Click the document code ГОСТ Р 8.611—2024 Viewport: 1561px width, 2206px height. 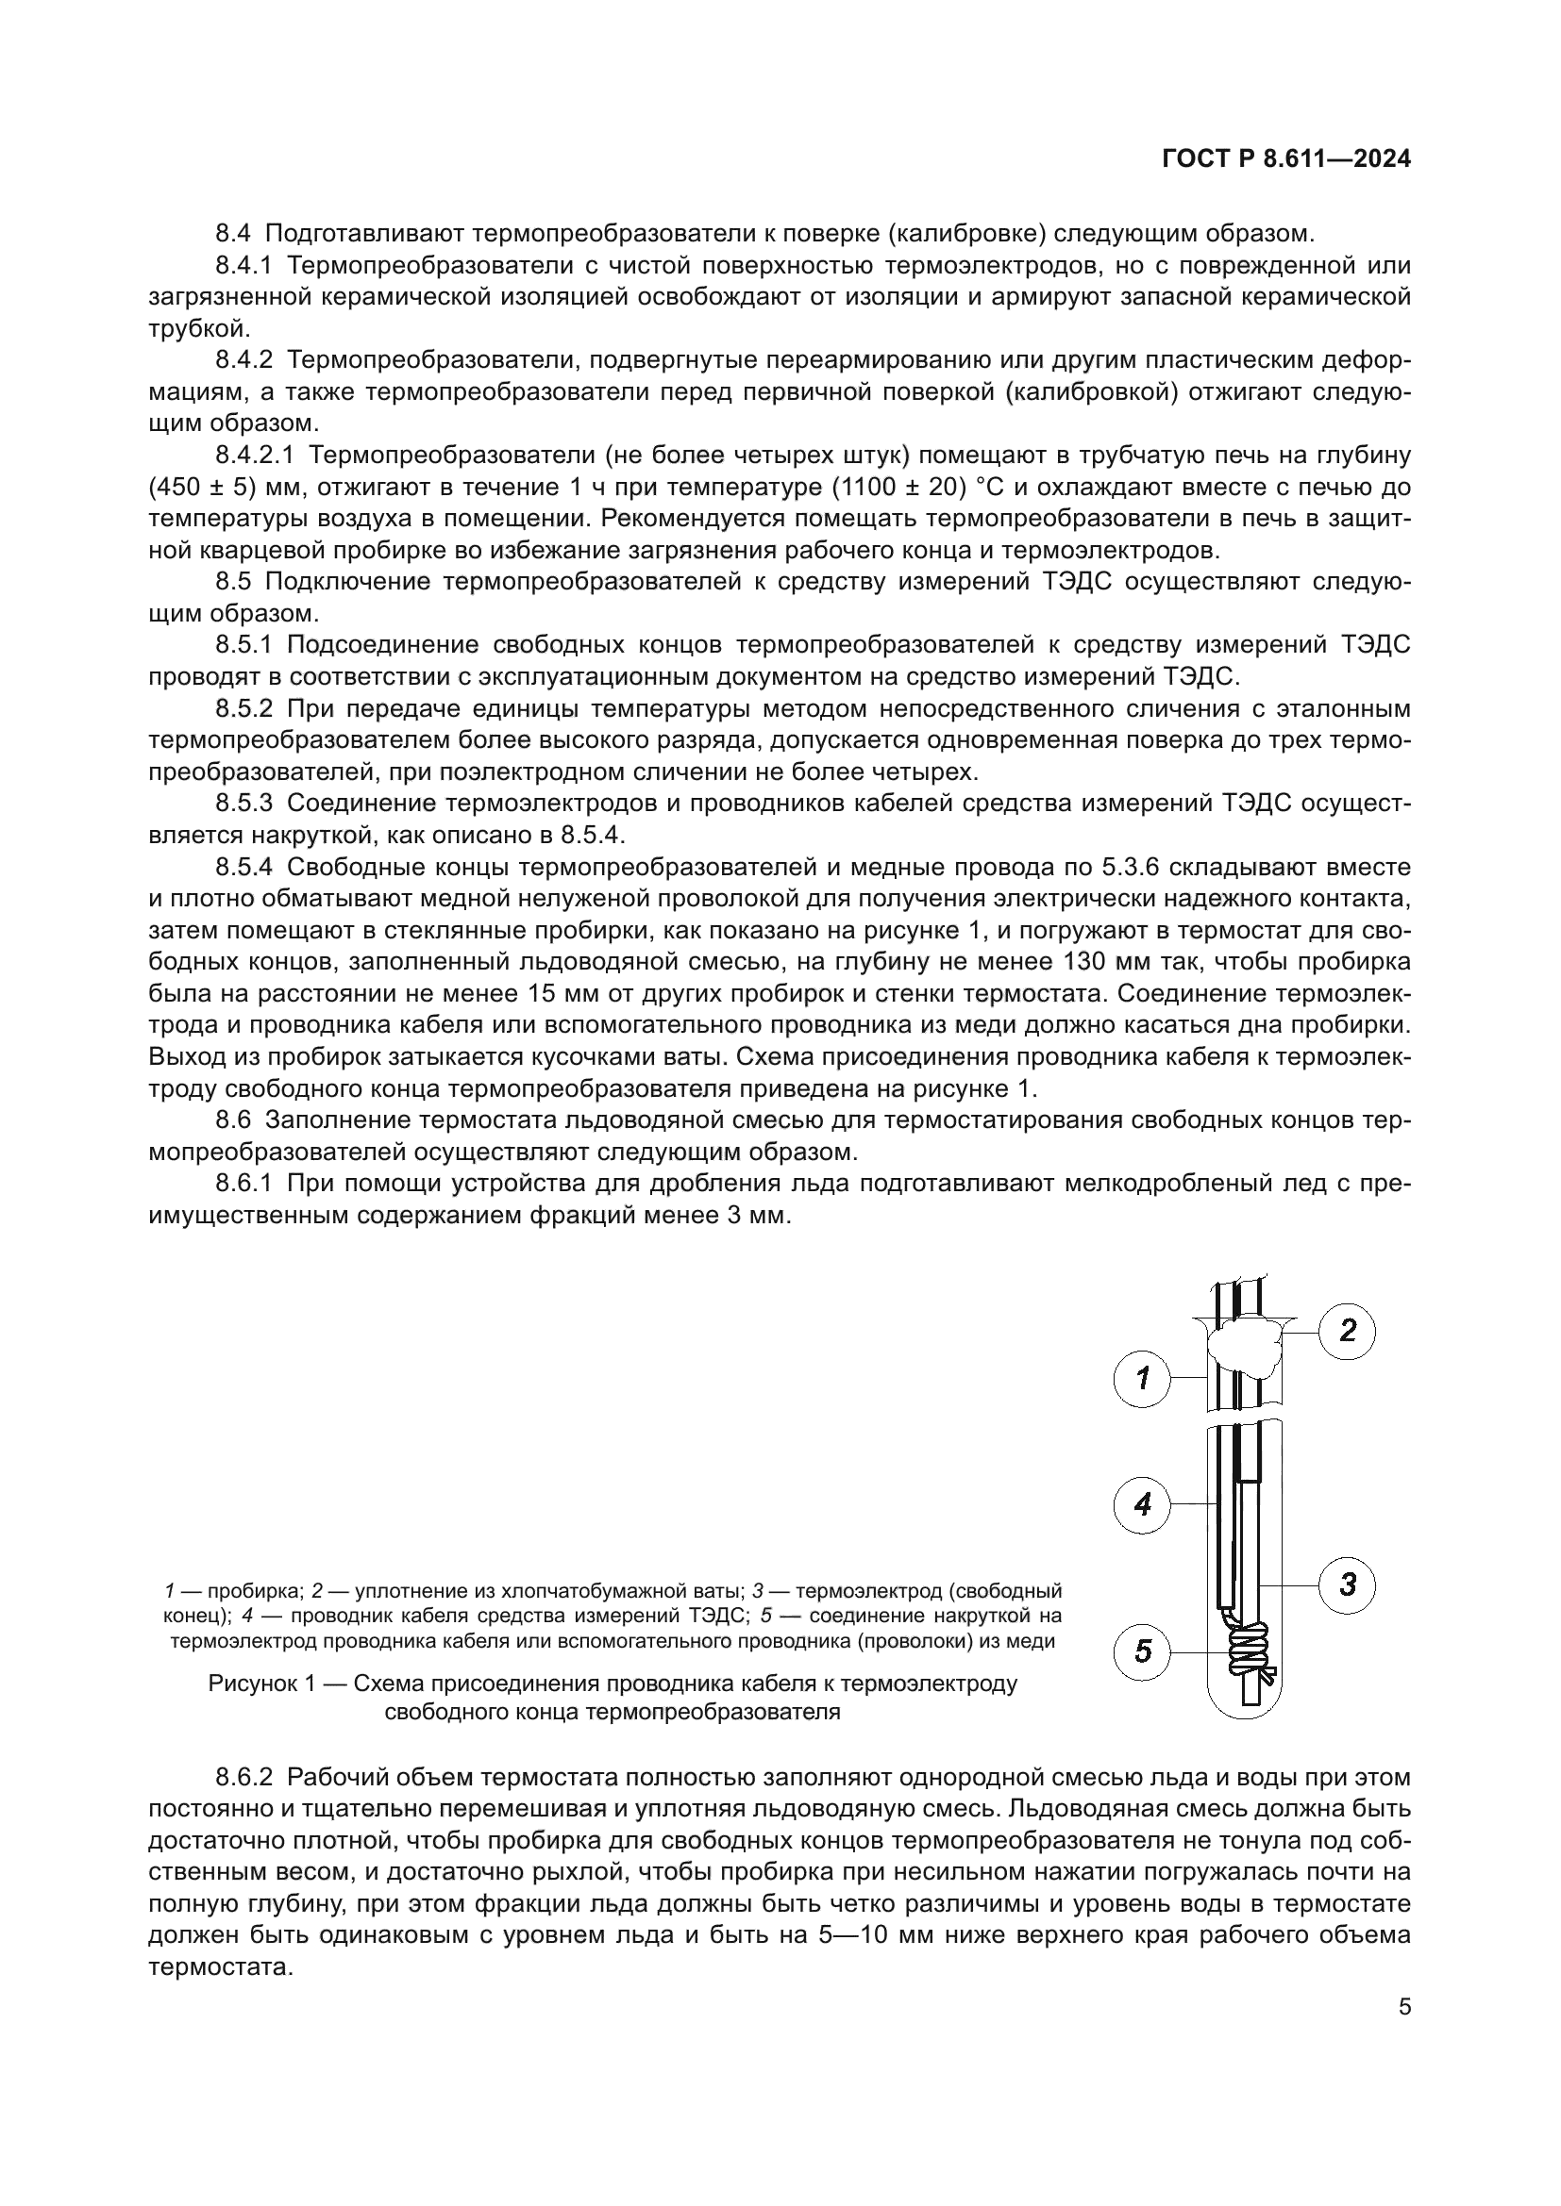[x=1286, y=160]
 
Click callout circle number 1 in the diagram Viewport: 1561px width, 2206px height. [x=1142, y=1380]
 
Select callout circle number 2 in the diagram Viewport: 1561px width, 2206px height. [x=1347, y=1332]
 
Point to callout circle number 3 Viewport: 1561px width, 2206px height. [x=1347, y=1584]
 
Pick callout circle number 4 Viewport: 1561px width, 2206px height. [x=1142, y=1503]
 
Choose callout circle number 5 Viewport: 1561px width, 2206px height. [x=1142, y=1651]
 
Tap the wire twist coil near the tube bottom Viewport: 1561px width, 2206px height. [x=1248, y=1653]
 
